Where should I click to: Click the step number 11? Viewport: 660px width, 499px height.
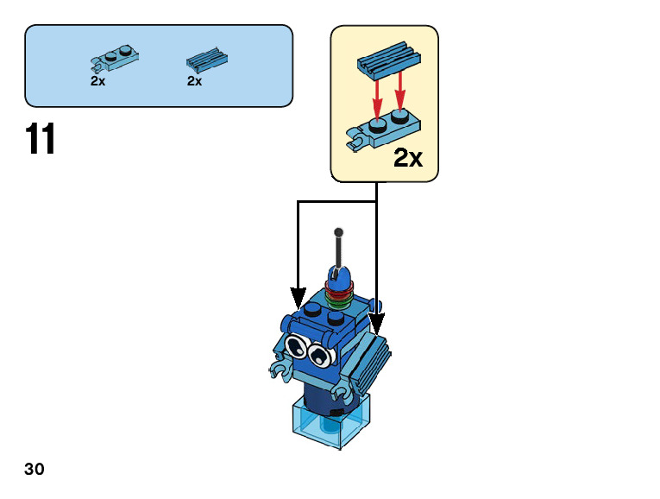tap(41, 139)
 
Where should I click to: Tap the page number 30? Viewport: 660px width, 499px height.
tap(35, 470)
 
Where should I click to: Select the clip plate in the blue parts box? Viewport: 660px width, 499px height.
tap(115, 59)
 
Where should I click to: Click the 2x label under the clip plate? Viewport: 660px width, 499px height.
tap(97, 81)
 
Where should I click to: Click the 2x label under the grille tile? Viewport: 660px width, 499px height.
tap(194, 81)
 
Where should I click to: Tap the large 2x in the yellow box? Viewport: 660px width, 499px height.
tap(408, 158)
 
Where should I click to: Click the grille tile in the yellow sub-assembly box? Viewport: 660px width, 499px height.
tap(388, 59)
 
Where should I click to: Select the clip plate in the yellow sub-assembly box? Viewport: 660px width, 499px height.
tap(383, 130)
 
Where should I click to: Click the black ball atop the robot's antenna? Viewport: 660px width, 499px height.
tap(339, 231)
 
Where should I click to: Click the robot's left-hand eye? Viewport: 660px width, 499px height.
tap(296, 347)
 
